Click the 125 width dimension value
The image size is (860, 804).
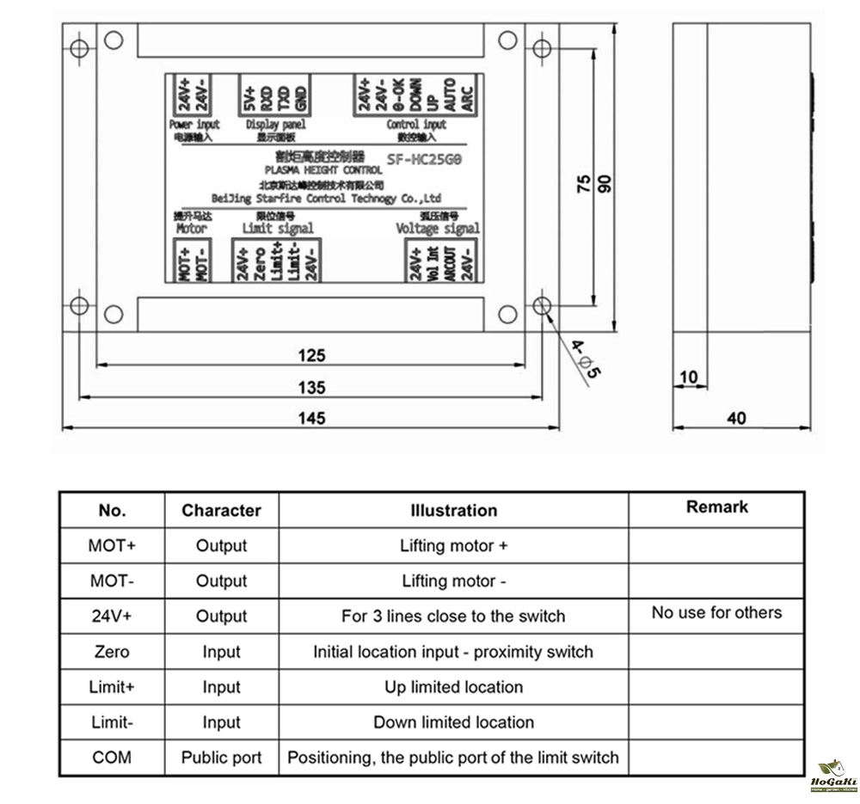311,355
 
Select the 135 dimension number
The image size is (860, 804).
311,387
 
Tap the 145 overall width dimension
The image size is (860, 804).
311,418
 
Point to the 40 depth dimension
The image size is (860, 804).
736,418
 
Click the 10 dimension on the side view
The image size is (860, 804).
689,377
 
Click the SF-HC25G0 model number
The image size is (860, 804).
425,158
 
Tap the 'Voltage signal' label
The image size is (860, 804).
438,229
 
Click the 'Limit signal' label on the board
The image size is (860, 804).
278,229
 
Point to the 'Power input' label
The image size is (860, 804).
195,125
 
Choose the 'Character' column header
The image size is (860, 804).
221,510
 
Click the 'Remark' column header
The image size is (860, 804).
716,507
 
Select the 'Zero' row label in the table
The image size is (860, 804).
112,652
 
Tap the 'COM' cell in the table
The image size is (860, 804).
112,758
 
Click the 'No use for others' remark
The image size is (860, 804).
716,613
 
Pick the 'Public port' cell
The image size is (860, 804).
221,758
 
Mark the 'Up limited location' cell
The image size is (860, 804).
453,687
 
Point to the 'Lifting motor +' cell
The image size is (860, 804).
453,545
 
